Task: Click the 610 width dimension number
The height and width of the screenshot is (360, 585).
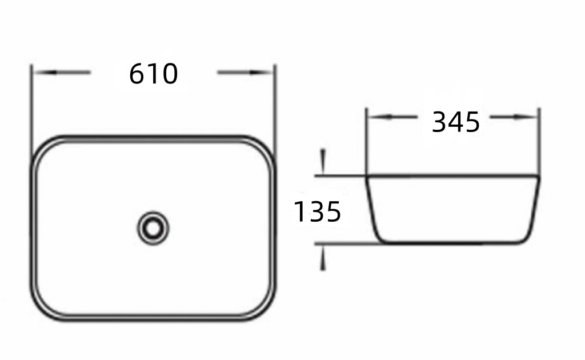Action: click(x=153, y=74)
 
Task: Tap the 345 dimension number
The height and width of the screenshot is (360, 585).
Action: click(x=455, y=122)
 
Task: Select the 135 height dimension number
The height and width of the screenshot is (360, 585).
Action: click(x=317, y=211)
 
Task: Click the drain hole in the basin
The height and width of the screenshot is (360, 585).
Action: click(x=153, y=229)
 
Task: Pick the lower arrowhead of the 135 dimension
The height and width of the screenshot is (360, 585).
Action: click(x=323, y=258)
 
